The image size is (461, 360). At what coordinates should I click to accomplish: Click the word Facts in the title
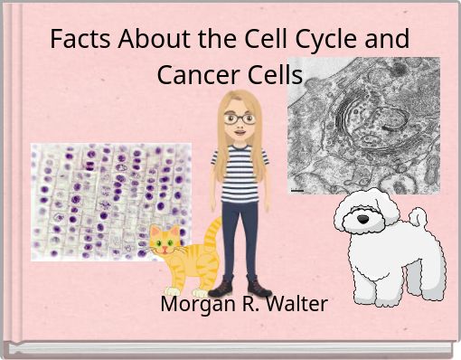(75, 41)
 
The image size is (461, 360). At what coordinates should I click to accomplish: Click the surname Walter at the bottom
(297, 304)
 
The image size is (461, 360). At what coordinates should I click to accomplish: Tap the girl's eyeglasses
(239, 118)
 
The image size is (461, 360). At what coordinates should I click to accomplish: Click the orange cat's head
(165, 241)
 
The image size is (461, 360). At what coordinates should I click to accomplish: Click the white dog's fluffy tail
(418, 217)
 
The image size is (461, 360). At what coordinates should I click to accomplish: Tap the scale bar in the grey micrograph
(296, 192)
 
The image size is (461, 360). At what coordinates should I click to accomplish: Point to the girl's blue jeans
(240, 235)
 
